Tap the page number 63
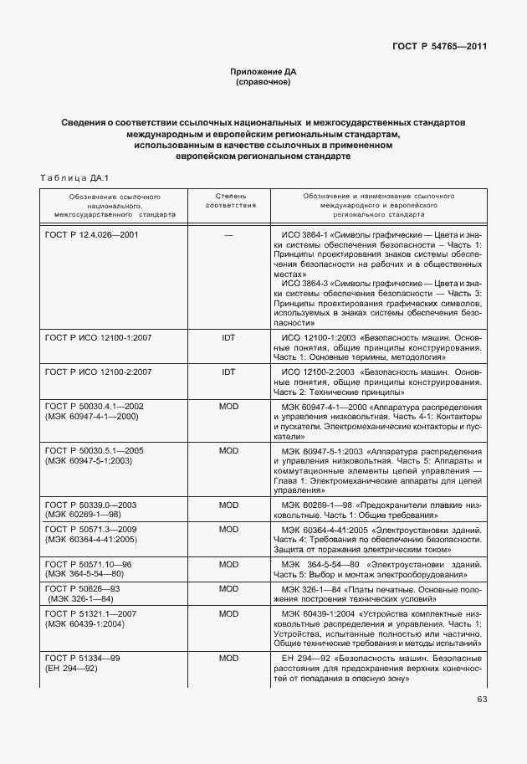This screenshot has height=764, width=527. (482, 699)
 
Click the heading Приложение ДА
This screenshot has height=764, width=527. (263, 73)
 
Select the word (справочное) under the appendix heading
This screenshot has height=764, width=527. (263, 83)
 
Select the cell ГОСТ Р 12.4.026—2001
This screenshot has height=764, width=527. (91, 234)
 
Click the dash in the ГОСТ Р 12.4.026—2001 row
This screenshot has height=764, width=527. (229, 235)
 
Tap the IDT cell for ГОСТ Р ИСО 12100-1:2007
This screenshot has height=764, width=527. (229, 336)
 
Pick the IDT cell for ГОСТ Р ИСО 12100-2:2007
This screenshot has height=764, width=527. (229, 371)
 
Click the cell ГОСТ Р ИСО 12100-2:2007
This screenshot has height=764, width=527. (98, 371)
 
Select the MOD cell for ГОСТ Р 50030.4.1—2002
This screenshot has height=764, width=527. (229, 406)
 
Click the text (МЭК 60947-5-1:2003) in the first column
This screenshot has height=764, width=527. (94, 461)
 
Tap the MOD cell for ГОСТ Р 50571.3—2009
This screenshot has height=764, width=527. (229, 530)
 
